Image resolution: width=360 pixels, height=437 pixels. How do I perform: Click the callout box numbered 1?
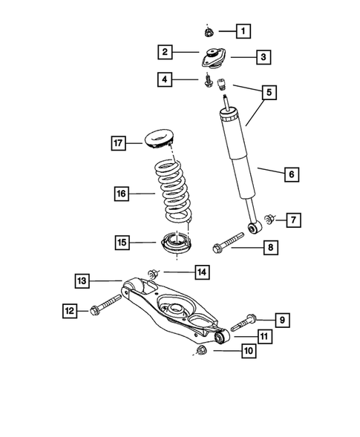pos(243,31)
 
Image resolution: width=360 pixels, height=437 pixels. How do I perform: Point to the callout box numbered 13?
pos(82,280)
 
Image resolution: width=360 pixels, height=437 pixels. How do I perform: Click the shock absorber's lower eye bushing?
pos(253,229)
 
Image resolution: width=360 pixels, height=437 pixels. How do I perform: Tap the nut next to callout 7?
pos(271,219)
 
